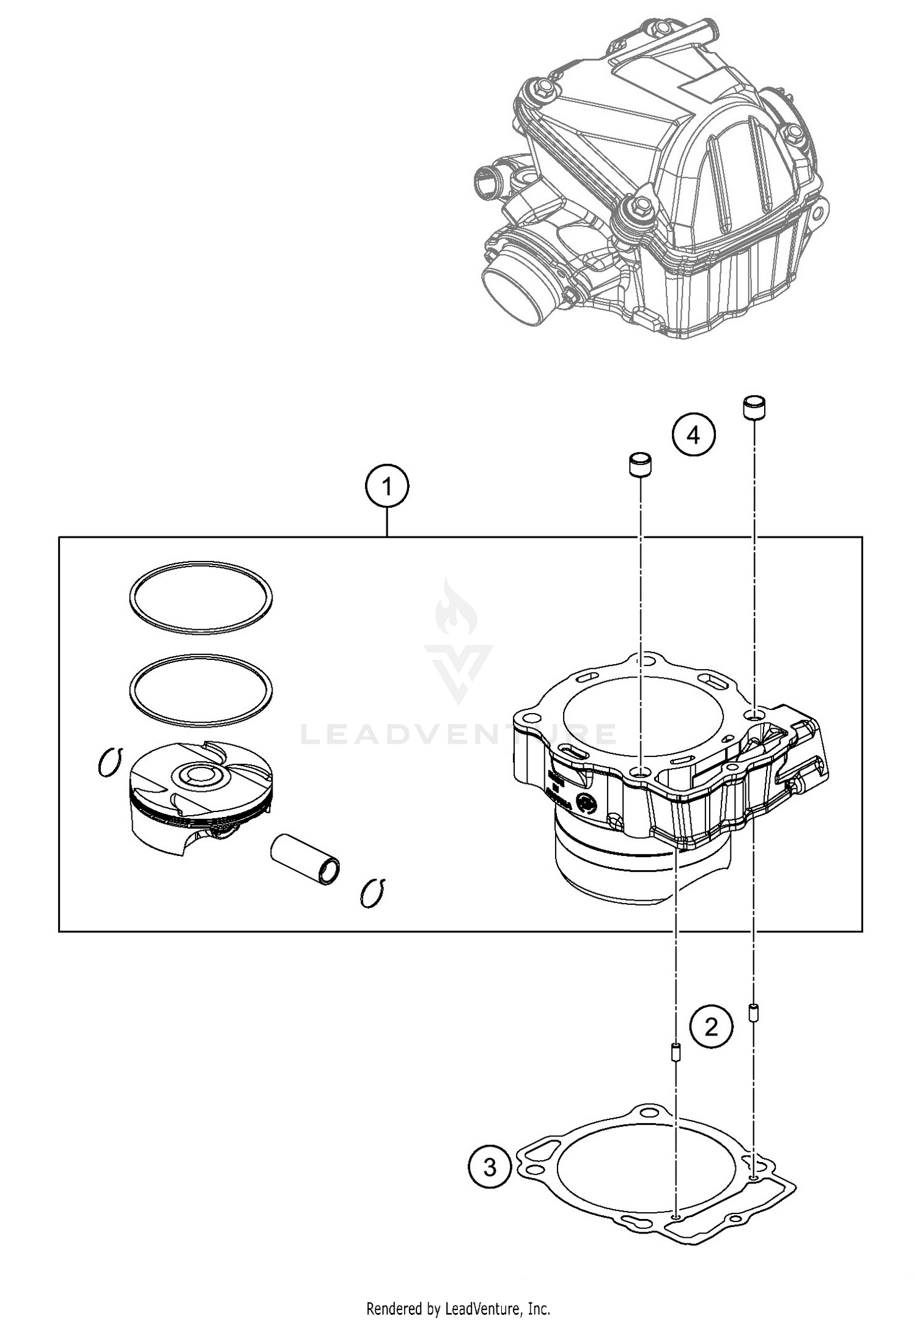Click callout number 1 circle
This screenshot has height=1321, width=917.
[386, 487]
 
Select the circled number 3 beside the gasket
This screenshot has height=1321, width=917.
[490, 1168]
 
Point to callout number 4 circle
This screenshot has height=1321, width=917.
[693, 436]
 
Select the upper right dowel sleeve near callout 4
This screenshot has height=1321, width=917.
[754, 408]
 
